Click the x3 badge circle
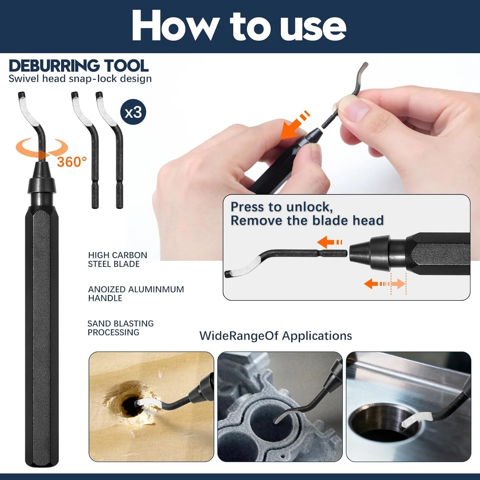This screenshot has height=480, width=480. tap(133, 112)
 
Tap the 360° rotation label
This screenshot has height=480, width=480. tap(72, 162)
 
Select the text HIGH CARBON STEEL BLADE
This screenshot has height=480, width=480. tap(117, 260)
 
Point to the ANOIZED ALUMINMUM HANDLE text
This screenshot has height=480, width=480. tap(136, 294)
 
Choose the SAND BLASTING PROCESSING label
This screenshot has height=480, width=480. tap(121, 328)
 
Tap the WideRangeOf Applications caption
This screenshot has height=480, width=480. tap(276, 336)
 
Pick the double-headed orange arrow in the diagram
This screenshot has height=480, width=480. tap(385, 284)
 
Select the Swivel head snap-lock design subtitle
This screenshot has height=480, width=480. tap(80, 79)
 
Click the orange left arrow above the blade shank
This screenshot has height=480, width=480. tap(330, 242)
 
